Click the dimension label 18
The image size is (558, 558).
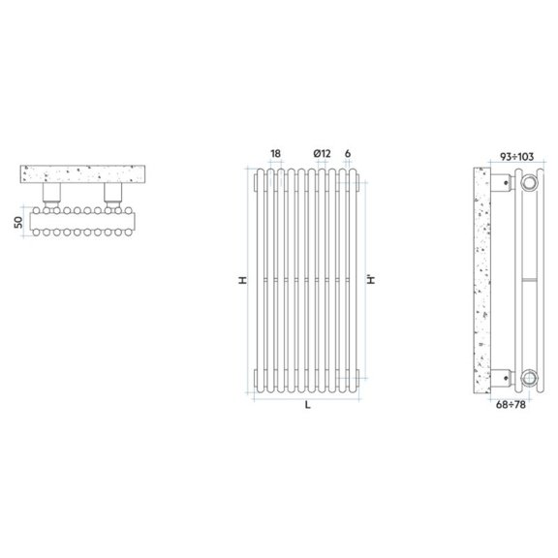click(275, 154)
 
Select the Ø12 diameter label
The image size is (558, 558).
click(322, 154)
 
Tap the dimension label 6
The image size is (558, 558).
click(348, 154)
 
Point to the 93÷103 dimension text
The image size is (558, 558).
click(516, 157)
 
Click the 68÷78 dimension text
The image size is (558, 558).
click(511, 405)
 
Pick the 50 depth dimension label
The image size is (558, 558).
click(18, 222)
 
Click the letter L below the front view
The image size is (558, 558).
click(308, 405)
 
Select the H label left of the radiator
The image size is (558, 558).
click(242, 280)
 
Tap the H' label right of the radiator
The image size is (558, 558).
click(371, 279)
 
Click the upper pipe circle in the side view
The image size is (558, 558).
click(529, 183)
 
